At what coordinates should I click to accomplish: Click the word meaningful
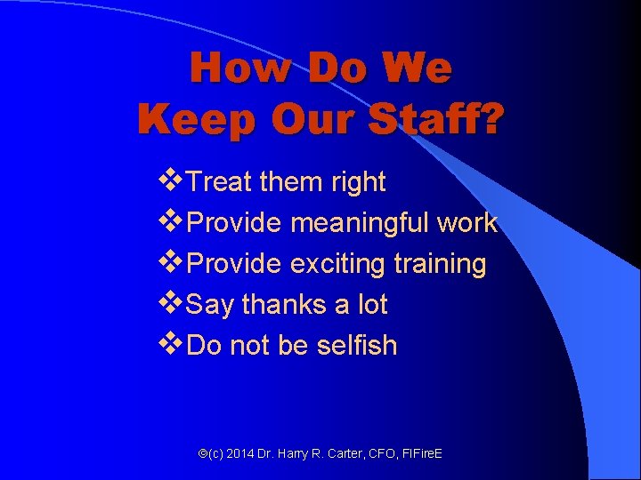(x=360, y=223)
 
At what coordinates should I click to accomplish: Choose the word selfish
(x=356, y=345)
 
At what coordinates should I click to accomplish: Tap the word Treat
(x=221, y=182)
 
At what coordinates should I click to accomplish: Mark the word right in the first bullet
(x=355, y=182)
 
